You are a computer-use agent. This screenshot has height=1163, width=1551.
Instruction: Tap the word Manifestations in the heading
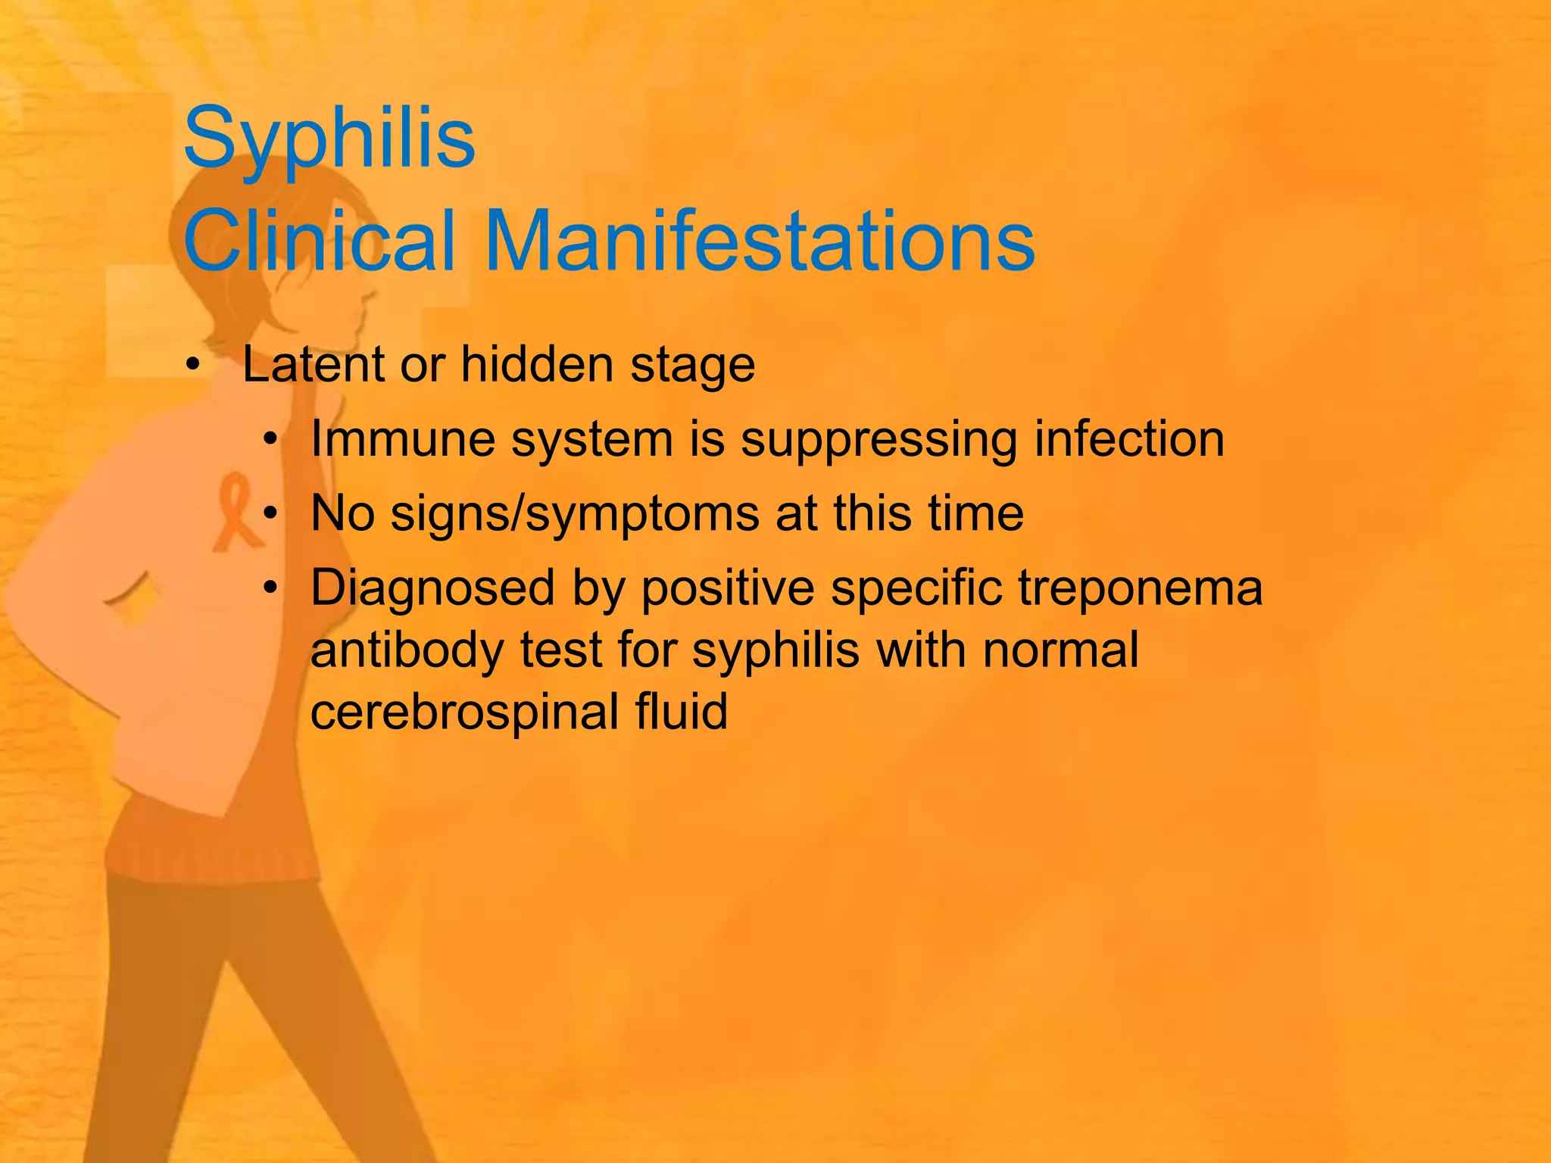click(760, 241)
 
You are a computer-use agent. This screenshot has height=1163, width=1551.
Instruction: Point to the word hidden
click(537, 365)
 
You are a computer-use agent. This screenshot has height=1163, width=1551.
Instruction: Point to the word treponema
click(1141, 589)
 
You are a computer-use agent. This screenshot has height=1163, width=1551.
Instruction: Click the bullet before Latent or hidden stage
click(193, 366)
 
